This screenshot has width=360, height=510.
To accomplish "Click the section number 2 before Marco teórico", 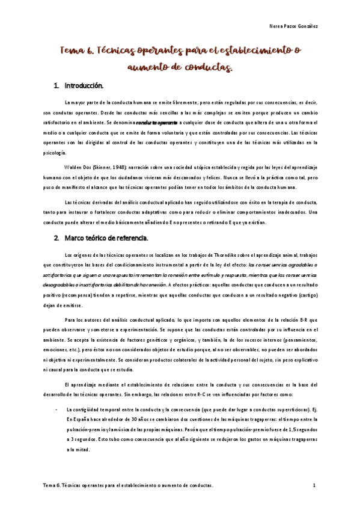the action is click(x=56, y=238).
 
